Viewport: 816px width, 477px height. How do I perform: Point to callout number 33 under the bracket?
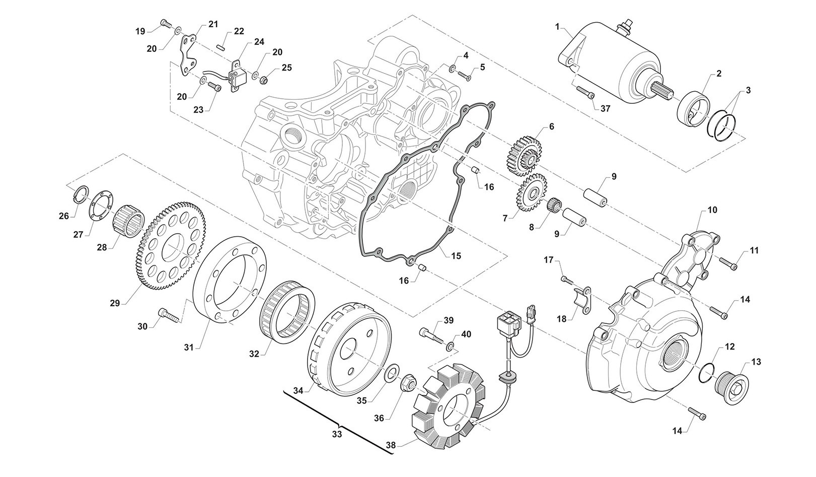click(x=337, y=434)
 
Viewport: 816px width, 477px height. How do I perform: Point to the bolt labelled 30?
click(x=168, y=315)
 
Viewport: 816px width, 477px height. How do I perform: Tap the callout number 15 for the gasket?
click(x=455, y=256)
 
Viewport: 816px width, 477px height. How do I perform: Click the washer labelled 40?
click(x=450, y=345)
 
